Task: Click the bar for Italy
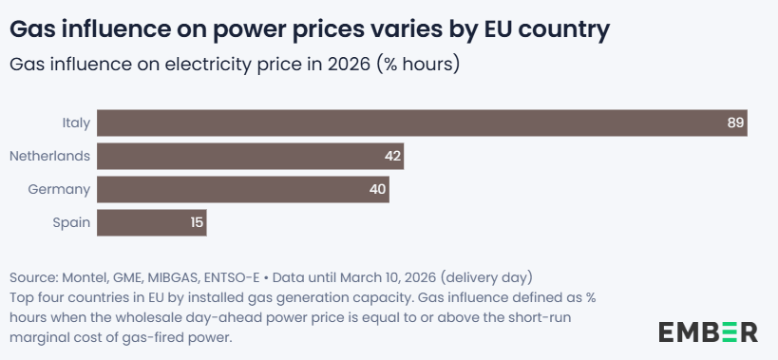click(422, 123)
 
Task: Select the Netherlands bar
click(250, 156)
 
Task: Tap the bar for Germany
click(243, 189)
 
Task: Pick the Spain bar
click(152, 222)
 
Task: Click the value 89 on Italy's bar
click(736, 123)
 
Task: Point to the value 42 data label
click(392, 156)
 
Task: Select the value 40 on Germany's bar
click(377, 189)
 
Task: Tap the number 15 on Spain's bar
click(197, 222)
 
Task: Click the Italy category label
click(76, 123)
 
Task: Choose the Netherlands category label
click(50, 156)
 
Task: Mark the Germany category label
click(59, 190)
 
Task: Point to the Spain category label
click(72, 223)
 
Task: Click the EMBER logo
click(708, 332)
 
